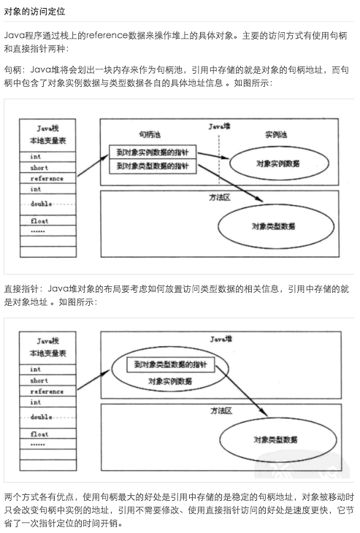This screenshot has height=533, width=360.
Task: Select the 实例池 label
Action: coord(275,135)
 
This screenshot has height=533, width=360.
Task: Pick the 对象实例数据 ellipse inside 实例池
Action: coord(275,164)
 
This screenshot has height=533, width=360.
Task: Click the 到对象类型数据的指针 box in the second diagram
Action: coord(169,364)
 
